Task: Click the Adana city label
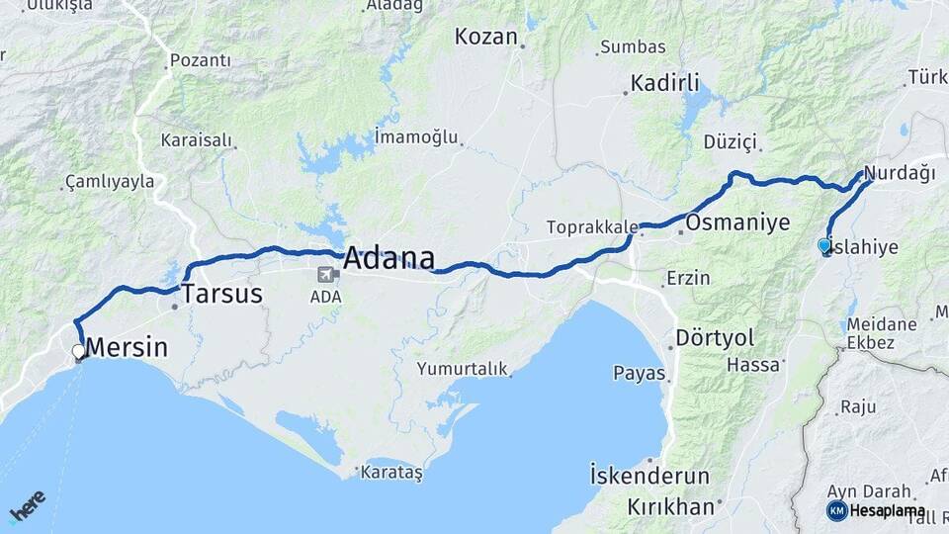pos(388,259)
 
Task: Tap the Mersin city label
pos(127,348)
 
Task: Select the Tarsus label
pos(221,294)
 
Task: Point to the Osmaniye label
pos(737,222)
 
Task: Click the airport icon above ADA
pos(326,274)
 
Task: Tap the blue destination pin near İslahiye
pos(824,245)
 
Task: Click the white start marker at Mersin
pos(79,351)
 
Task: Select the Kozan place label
pos(486,38)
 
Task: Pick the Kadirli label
pos(664,82)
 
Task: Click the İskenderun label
pos(649,476)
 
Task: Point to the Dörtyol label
pos(715,337)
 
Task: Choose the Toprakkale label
pos(592,227)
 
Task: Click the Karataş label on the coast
pos(392,473)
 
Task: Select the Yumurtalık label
pos(462,369)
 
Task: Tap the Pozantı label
pos(201,61)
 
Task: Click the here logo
pos(27,506)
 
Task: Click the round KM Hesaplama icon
pos(836,510)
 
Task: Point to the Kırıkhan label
pos(670,507)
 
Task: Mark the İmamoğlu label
pos(416,136)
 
